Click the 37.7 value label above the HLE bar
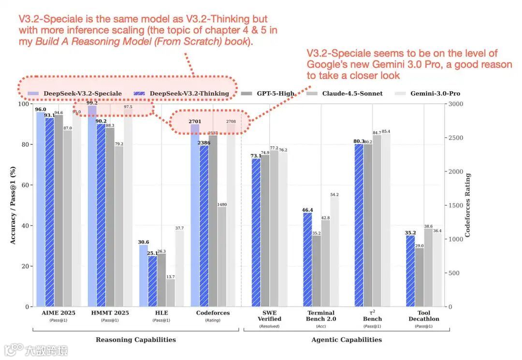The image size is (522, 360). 179,228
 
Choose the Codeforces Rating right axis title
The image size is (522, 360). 468,205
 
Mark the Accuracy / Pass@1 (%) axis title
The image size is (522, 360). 13,205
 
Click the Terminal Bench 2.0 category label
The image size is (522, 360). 321,316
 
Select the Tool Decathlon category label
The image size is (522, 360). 424,316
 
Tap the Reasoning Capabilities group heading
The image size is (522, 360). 136,340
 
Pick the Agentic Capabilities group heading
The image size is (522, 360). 347,340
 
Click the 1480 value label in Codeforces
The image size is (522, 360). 222,204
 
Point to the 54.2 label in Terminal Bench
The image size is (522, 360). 334,195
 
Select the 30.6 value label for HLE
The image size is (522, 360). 144,242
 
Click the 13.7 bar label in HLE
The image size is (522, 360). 171,277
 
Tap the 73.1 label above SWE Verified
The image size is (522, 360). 256,156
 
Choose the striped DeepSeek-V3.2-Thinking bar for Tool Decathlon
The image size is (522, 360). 411,271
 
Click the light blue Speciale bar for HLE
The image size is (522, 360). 144,275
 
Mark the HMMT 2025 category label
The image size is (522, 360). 110,313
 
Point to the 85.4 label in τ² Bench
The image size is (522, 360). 386,131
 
